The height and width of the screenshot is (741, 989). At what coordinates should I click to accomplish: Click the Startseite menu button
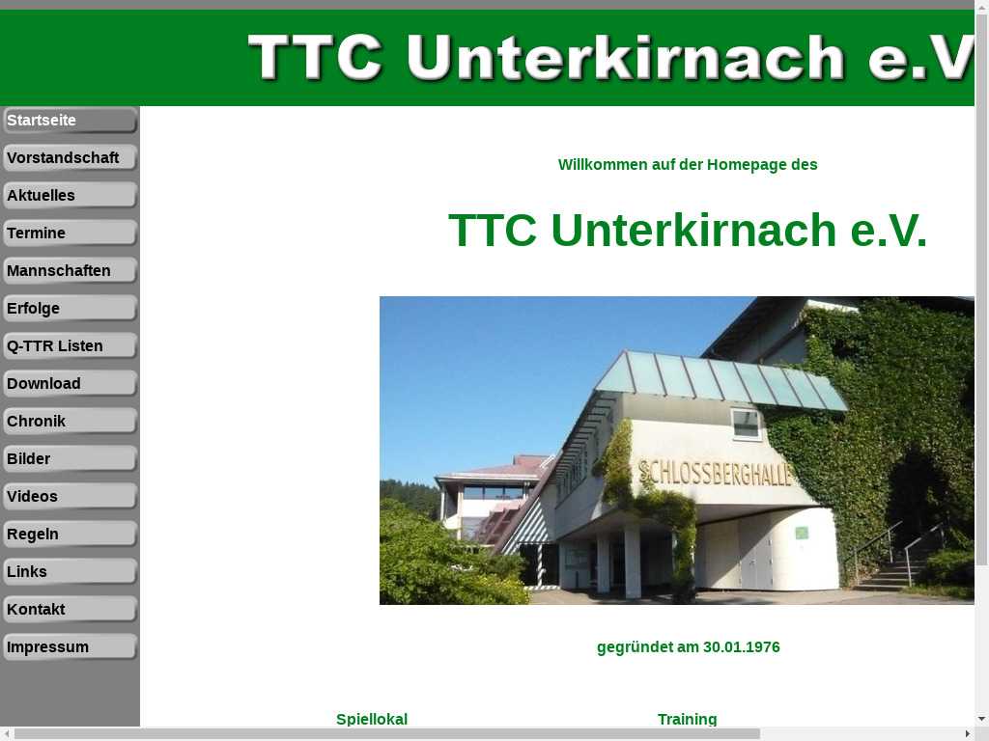[70, 121]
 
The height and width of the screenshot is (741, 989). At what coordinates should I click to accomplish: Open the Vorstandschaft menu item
[70, 158]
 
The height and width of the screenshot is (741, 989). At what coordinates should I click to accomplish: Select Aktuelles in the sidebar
[70, 195]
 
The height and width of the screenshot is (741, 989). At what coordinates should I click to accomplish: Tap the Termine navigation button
[70, 233]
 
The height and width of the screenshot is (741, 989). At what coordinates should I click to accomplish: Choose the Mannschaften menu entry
[70, 271]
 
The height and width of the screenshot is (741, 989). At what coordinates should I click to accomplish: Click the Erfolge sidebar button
[70, 309]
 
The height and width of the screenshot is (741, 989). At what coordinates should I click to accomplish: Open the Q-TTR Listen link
[70, 346]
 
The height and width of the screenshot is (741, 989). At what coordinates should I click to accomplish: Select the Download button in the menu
[70, 384]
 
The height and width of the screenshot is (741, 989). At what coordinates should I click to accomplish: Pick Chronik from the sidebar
[70, 422]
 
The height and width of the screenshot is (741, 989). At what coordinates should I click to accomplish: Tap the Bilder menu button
[70, 459]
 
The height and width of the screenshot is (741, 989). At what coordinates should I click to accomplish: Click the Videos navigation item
[70, 497]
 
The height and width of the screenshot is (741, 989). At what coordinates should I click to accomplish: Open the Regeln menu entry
[70, 535]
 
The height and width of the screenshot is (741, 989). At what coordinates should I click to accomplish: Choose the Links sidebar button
[70, 572]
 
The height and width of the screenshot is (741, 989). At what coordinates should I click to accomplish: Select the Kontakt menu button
[70, 610]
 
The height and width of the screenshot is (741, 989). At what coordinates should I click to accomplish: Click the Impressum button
[70, 647]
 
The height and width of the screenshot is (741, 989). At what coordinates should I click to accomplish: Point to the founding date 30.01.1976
[741, 647]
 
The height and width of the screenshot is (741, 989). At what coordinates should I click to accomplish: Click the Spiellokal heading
[372, 720]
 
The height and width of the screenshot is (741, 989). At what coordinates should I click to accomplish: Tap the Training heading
[687, 720]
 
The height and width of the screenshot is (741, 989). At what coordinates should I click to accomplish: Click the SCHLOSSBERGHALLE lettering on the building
[715, 473]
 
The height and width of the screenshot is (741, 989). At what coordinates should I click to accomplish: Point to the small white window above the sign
[746, 423]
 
